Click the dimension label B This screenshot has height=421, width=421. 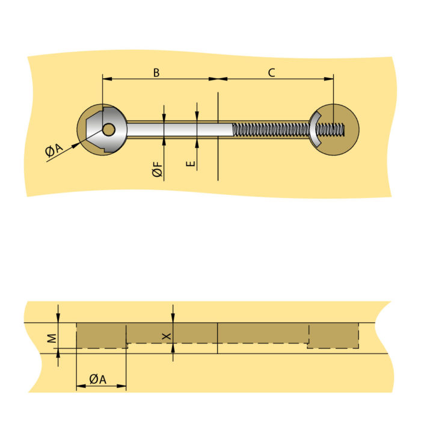(156, 73)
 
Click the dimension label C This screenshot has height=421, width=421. (271, 73)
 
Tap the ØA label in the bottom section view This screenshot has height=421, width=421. (99, 379)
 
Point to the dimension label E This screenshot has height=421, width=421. (191, 162)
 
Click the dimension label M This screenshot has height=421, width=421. (52, 339)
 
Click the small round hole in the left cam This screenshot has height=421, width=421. (108, 129)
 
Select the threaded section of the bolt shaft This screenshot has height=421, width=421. (271, 129)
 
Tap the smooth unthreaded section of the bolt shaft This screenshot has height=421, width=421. (180, 129)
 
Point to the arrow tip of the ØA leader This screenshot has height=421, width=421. (79, 143)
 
